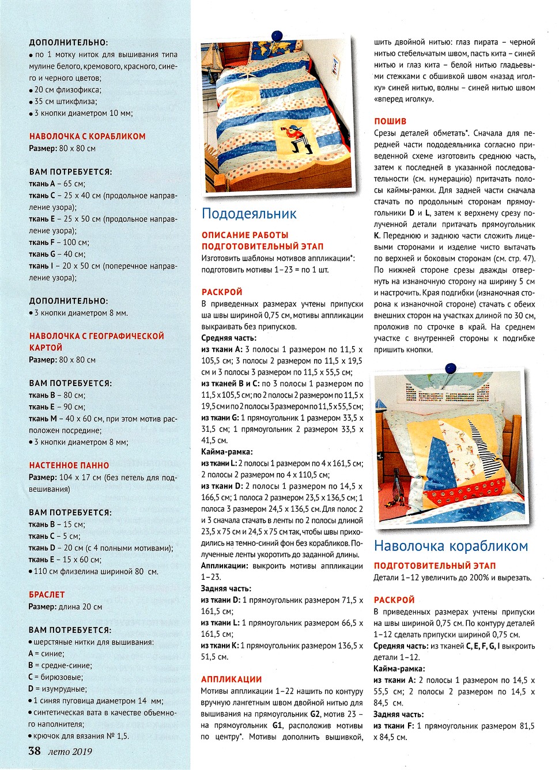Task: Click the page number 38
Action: coord(35,750)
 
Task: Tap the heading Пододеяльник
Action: coord(249,214)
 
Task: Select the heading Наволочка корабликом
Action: coord(451,546)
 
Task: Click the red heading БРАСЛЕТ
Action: coord(47,594)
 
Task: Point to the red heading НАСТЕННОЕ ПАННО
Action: coord(69,465)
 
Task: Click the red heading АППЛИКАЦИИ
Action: coord(232,680)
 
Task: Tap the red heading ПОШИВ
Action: coord(390,121)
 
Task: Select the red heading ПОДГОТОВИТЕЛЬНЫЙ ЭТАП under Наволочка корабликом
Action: coord(435,566)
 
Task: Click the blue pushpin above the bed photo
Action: coord(277,36)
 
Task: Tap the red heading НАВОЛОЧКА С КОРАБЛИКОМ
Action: coord(87,137)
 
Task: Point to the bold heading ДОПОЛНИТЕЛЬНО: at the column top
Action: coord(68,43)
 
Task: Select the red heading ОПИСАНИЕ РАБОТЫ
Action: coord(245,235)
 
